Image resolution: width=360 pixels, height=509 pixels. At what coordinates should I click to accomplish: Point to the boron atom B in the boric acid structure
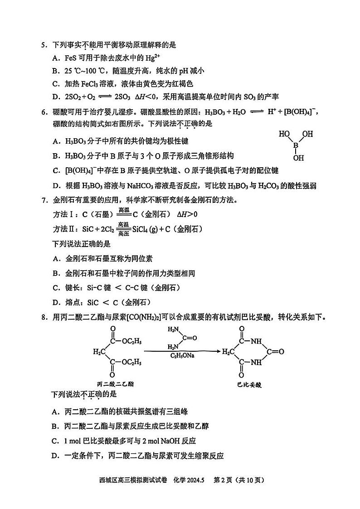pyautogui.click(x=296, y=146)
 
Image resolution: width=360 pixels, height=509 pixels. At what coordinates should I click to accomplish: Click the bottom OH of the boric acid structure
pyautogui.click(x=298, y=158)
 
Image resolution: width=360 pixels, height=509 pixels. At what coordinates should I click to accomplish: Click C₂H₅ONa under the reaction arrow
pyautogui.click(x=182, y=356)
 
